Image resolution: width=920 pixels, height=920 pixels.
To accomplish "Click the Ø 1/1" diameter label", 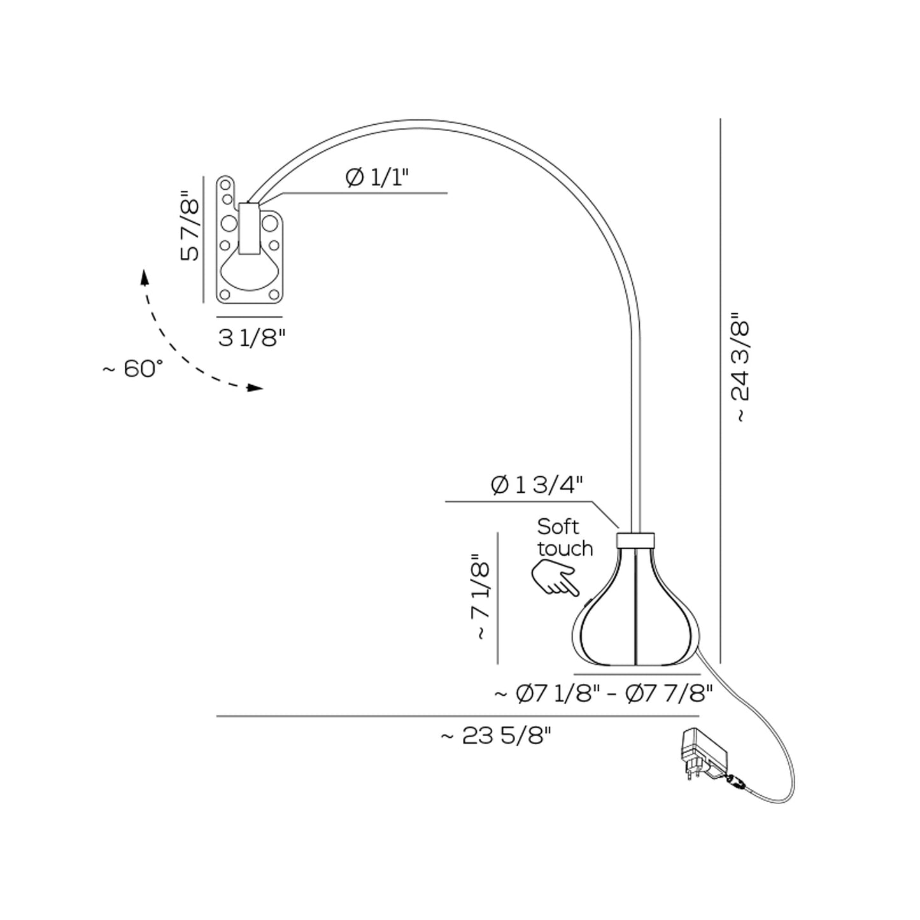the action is tap(377, 178).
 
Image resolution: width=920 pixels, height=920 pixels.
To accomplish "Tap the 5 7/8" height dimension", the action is tap(189, 226).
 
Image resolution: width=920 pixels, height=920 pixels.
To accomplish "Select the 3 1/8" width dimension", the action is tap(251, 338).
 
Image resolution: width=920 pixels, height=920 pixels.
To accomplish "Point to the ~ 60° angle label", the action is tap(133, 369).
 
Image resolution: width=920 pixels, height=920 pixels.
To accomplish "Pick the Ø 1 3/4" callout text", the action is tap(537, 486).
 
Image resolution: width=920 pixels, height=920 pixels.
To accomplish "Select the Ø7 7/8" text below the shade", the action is tap(669, 694).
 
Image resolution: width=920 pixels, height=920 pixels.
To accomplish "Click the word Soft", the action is tap(558, 527).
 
